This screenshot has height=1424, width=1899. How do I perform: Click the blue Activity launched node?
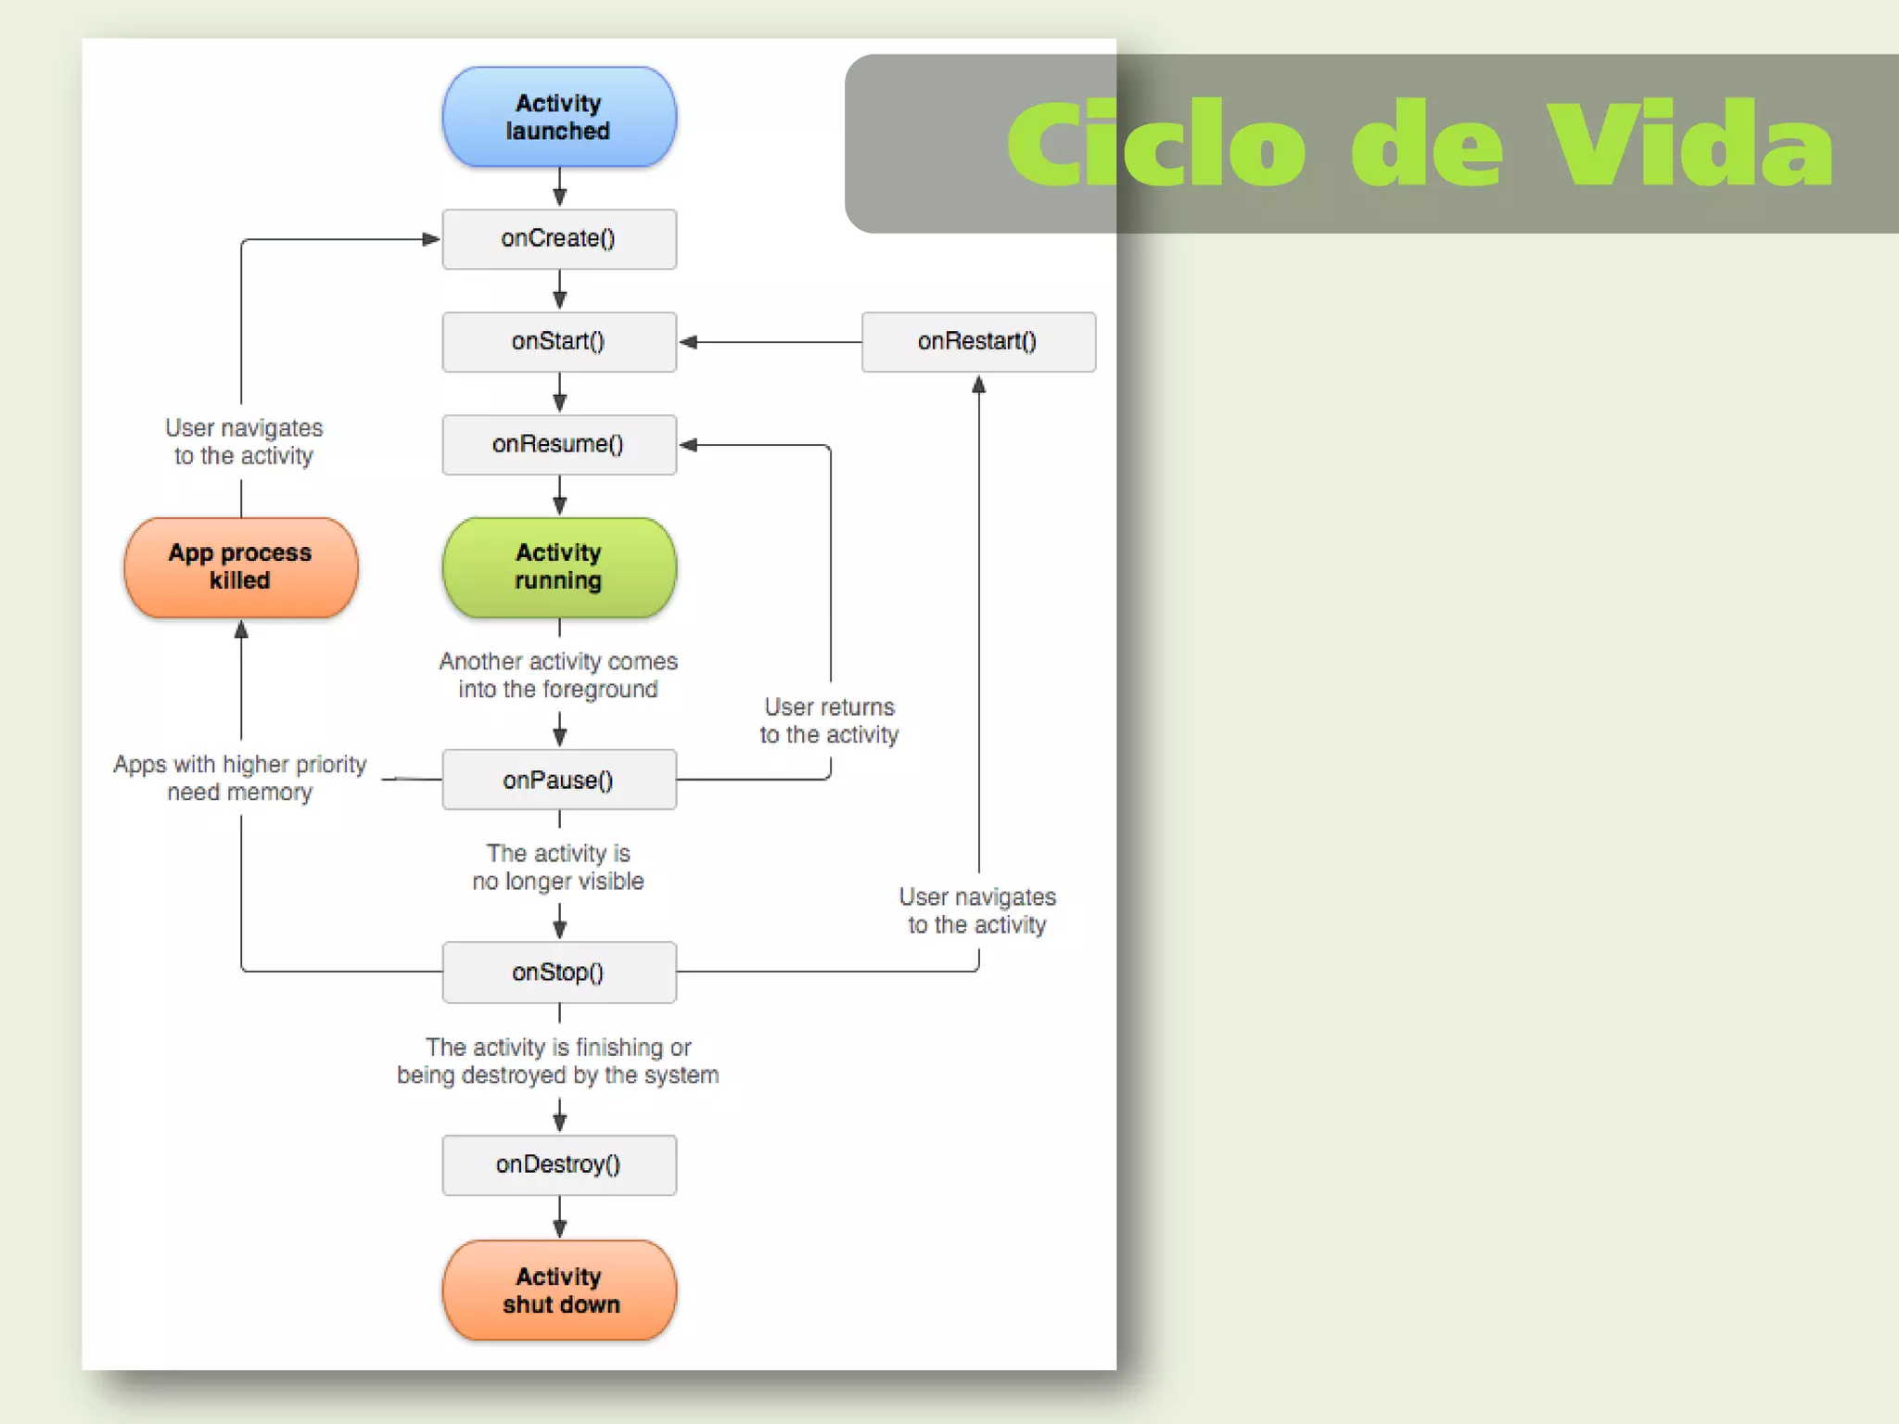(x=559, y=117)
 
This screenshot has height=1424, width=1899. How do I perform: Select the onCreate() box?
(x=559, y=239)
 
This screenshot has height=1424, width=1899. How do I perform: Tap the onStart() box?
(x=559, y=342)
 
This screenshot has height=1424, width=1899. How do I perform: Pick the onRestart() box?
(x=978, y=342)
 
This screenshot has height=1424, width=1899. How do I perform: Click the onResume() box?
(x=559, y=445)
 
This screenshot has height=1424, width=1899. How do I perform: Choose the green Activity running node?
(x=559, y=566)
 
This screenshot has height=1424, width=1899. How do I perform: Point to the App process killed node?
(x=241, y=566)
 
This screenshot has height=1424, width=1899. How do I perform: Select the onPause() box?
(x=559, y=780)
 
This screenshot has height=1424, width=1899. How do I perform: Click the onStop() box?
(x=559, y=973)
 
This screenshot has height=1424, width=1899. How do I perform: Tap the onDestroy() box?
(x=559, y=1164)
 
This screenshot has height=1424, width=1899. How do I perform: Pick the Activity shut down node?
(x=559, y=1290)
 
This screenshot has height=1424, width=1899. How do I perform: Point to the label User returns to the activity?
(x=829, y=720)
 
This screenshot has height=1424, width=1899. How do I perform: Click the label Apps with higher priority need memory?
(x=240, y=778)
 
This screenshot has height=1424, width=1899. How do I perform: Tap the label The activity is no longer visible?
(x=558, y=867)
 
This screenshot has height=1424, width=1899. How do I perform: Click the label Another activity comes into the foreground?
(x=558, y=675)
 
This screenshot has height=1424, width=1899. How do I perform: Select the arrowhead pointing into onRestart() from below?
(x=978, y=385)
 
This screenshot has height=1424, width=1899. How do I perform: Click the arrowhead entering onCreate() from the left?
(x=430, y=239)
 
